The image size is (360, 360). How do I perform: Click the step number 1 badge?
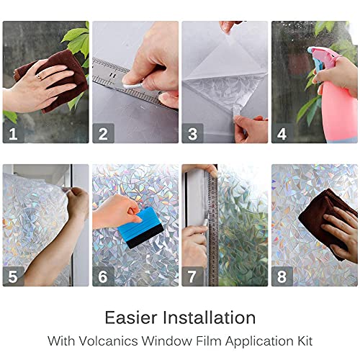[13, 132]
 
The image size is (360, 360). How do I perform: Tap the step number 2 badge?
[103, 132]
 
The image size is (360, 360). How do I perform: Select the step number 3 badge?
[192, 132]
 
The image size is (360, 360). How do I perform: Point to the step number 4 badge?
[282, 132]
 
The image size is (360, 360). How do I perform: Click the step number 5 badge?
[13, 276]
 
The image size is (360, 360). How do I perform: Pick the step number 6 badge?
[103, 276]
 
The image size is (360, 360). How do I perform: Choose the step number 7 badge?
[192, 276]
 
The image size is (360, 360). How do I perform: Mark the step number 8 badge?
[282, 276]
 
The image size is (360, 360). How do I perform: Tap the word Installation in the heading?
[209, 318]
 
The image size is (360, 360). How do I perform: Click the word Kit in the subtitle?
[303, 339]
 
